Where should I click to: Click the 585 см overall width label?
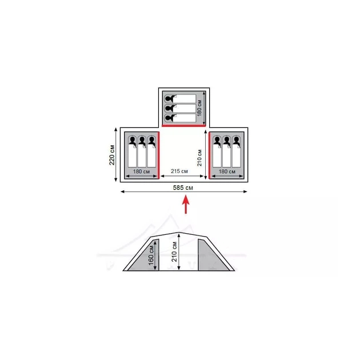click(183, 187)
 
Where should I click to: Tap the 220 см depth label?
click(112, 155)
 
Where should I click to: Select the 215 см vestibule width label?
click(179, 171)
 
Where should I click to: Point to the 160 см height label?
click(151, 255)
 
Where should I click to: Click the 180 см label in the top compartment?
click(199, 108)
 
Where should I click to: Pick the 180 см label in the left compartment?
click(141, 171)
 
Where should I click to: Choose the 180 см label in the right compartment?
click(227, 171)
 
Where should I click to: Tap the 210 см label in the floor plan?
click(199, 158)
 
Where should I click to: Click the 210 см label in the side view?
click(174, 251)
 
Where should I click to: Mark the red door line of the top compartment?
click(183, 126)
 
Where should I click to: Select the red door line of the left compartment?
click(158, 155)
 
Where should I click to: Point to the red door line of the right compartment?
click(209, 155)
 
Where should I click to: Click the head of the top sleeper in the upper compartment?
click(170, 99)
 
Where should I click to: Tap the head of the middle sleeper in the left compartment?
click(142, 140)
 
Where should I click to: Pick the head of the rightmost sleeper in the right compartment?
click(237, 140)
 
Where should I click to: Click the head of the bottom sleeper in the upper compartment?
click(170, 118)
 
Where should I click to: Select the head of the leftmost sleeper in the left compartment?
click(132, 140)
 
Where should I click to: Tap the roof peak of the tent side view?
click(179, 233)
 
